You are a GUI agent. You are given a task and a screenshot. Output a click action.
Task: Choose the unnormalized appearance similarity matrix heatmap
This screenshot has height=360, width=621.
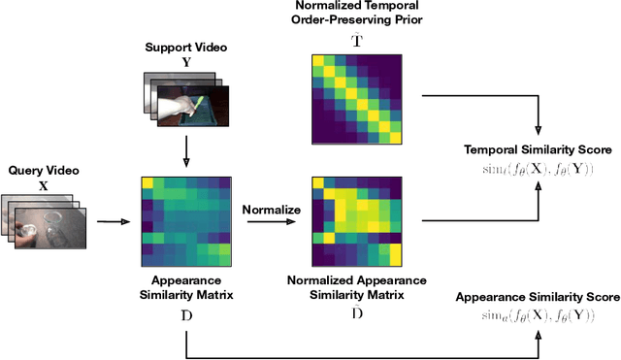point(185,221)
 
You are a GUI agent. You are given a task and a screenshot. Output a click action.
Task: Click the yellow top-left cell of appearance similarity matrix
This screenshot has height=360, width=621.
point(147,183)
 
